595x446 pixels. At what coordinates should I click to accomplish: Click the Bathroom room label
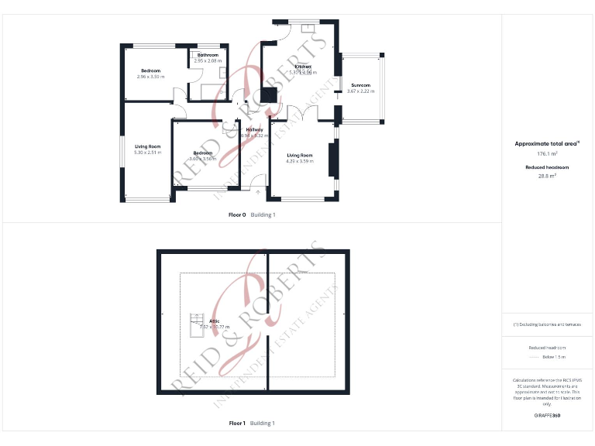point(208,55)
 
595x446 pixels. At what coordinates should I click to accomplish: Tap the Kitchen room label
point(302,67)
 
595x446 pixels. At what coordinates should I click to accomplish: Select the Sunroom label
point(360,85)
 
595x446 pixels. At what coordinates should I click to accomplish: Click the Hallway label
point(254,129)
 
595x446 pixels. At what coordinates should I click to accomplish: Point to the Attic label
point(204,321)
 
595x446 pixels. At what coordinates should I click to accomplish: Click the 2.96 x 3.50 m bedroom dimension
point(150,77)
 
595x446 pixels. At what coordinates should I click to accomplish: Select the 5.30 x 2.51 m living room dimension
point(147,153)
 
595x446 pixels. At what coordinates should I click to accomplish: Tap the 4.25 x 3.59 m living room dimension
point(300,161)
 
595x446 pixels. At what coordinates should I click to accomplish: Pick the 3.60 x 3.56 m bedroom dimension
point(203,159)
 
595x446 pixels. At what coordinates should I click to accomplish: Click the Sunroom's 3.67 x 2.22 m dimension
point(360,91)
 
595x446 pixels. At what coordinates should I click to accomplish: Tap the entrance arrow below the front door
point(247,191)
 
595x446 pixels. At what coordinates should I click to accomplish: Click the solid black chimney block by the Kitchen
point(270,94)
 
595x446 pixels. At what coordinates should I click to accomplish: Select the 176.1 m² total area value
point(548,154)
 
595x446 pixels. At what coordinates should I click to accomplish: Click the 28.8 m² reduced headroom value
point(548,176)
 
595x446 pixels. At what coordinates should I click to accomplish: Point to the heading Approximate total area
point(547,143)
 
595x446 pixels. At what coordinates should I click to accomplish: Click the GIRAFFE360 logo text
point(547,416)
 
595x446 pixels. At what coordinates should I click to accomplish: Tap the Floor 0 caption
point(237,214)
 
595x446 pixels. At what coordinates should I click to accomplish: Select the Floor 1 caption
point(237,424)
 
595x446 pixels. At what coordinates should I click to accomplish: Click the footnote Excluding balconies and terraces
point(547,324)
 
